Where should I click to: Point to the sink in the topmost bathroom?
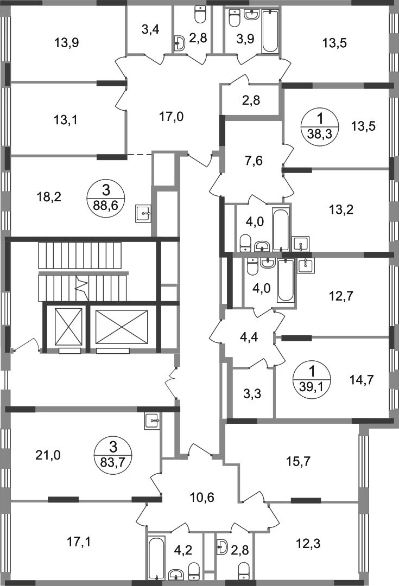237,22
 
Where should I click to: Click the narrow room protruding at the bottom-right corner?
383,505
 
